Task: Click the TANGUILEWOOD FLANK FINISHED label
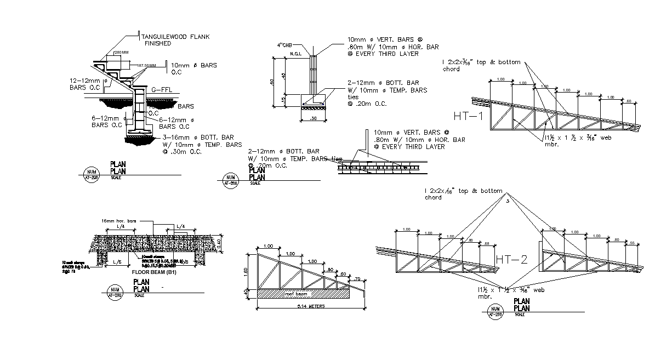coord(176,39)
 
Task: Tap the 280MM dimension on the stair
coord(121,53)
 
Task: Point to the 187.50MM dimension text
coord(146,65)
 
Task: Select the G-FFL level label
coord(162,89)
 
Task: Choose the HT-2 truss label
coord(511,259)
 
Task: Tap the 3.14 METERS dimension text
coord(310,307)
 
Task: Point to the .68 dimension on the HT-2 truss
coord(486,243)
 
